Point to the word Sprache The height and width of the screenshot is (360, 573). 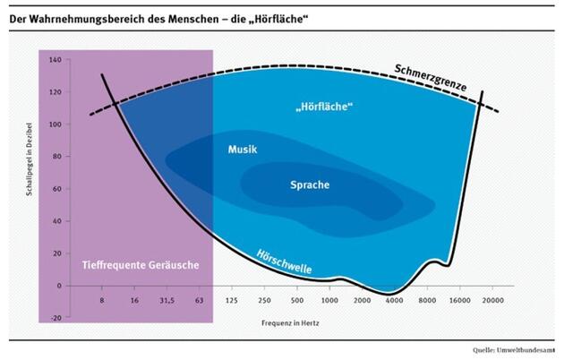pyautogui.click(x=310, y=185)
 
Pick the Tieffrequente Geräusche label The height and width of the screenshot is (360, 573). pyautogui.click(x=141, y=266)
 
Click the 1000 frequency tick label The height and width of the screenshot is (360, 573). pyautogui.click(x=330, y=302)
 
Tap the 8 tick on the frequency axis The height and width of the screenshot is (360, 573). pyautogui.click(x=103, y=302)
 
